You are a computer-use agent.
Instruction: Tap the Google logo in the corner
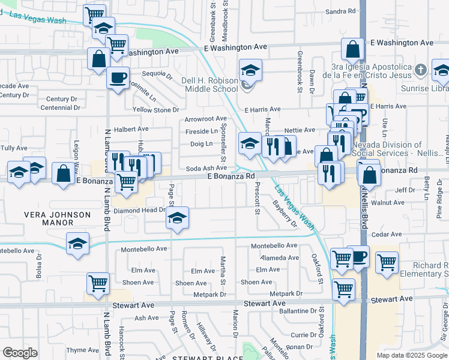pos(20,353)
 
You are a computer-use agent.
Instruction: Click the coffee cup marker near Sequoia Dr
pos(118,79)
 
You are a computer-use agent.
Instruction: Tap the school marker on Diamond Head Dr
pos(177,220)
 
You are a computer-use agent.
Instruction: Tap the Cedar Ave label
pos(387,234)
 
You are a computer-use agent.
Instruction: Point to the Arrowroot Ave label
pos(206,119)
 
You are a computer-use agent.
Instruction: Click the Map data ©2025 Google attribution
pos(412,355)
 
